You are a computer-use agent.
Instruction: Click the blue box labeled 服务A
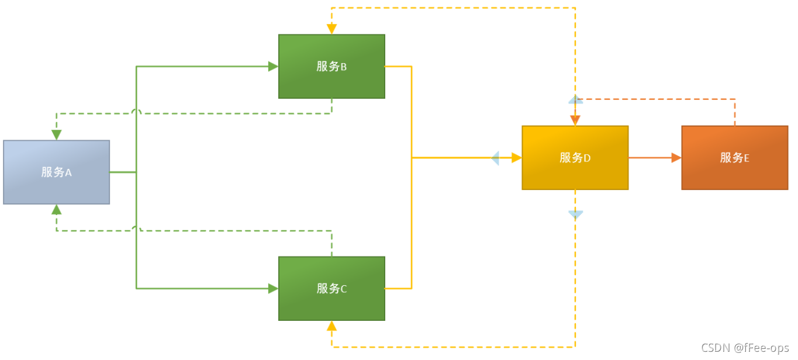(56, 172)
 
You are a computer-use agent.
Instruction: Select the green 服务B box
(331, 66)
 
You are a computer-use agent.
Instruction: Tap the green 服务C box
(331, 288)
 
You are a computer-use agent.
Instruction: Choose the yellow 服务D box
(575, 157)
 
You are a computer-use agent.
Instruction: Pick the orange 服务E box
(734, 157)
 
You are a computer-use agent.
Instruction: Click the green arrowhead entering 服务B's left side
(273, 67)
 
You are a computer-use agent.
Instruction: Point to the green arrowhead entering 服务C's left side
(273, 288)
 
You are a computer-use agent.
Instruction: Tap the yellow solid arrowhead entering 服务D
(516, 158)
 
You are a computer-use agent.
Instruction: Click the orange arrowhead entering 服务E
(676, 158)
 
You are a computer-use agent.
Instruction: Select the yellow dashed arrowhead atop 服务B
(331, 29)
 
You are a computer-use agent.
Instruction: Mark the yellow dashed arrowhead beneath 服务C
(331, 326)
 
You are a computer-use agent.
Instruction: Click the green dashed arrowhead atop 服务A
(56, 134)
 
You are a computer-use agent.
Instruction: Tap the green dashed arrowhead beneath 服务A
(56, 210)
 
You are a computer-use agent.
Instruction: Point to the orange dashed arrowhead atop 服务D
(575, 120)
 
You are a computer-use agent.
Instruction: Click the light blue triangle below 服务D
(576, 214)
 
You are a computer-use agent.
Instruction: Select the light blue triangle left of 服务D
(495, 158)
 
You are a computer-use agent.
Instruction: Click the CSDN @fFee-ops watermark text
(745, 348)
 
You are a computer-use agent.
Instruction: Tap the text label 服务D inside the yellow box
(575, 157)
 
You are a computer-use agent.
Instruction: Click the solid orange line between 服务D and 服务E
(652, 158)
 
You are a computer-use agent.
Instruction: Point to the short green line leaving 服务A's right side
(123, 172)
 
